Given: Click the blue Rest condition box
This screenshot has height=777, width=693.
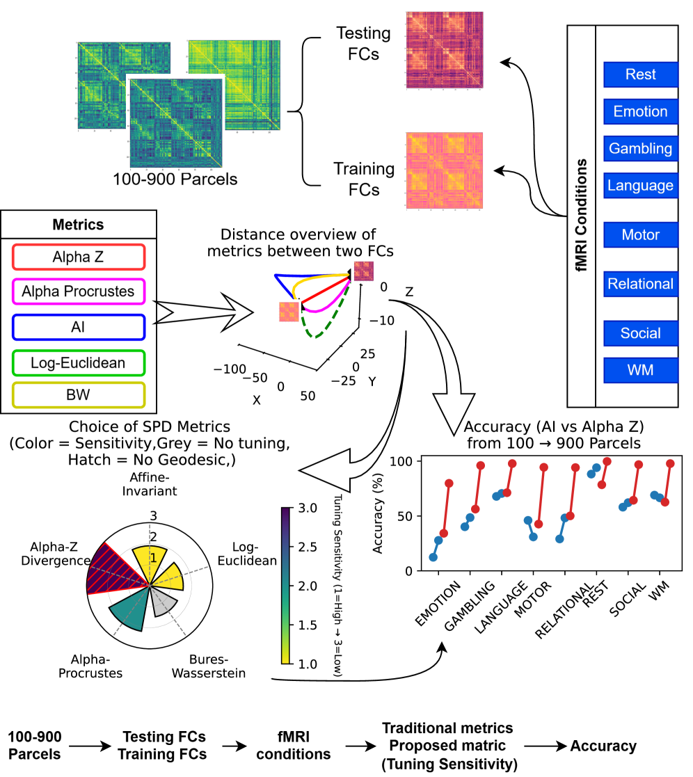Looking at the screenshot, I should [640, 74].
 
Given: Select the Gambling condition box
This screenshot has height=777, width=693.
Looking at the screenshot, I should [640, 148].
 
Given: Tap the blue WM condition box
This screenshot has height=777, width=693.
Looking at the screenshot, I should [640, 370].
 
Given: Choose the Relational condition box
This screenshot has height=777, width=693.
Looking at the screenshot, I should [640, 284].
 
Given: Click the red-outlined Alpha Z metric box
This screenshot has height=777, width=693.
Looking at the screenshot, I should [78, 257].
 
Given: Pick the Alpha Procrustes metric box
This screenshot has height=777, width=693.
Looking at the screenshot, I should [78, 291].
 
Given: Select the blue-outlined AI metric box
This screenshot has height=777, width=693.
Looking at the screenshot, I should [78, 327].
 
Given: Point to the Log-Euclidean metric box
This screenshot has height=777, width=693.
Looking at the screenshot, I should [78, 362].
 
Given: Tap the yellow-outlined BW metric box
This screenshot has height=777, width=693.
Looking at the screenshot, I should [78, 396].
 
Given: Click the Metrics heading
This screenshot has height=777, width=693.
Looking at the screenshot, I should [78, 225].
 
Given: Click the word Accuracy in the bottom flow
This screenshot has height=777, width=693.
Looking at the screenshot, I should [603, 746].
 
